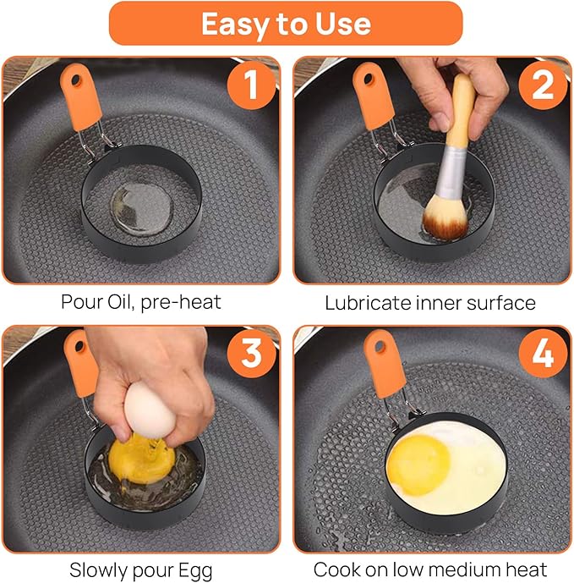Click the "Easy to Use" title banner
coord(286,24)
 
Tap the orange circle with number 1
coord(252,85)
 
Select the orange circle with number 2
coord(543,85)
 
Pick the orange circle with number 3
coord(252,354)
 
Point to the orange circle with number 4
coord(543,354)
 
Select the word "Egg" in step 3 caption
coord(195,570)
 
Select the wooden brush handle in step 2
coord(462,111)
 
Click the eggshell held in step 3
coord(149,408)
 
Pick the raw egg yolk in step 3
coord(141,459)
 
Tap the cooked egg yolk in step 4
coord(418,465)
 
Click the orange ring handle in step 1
coord(81,97)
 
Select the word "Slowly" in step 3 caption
coord(98,570)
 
